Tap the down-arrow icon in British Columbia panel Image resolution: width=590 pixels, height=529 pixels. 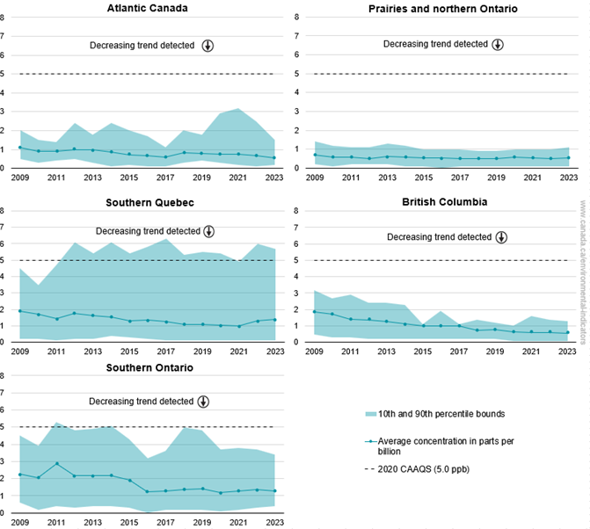pyautogui.click(x=501, y=236)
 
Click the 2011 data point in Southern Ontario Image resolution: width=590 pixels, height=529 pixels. pyautogui.click(x=57, y=463)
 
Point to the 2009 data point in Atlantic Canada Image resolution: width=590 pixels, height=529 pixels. pyautogui.click(x=21, y=148)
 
